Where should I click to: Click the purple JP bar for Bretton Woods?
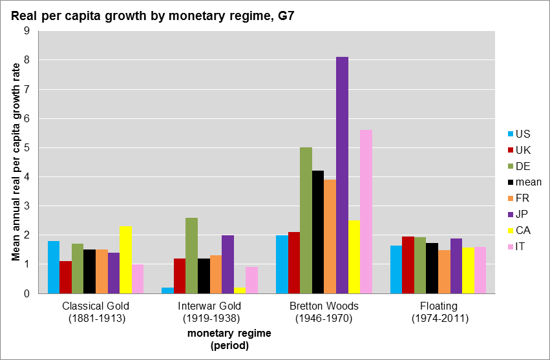pyautogui.click(x=342, y=175)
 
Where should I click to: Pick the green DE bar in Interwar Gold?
pyautogui.click(x=191, y=256)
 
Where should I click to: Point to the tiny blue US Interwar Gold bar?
pyautogui.click(x=167, y=291)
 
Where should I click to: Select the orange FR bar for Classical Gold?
pyautogui.click(x=101, y=271)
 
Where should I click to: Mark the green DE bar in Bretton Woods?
pyautogui.click(x=306, y=220)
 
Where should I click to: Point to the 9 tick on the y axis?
pyautogui.click(x=26, y=30)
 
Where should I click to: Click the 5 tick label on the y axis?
pyautogui.click(x=26, y=147)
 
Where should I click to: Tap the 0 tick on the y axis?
pyautogui.click(x=26, y=293)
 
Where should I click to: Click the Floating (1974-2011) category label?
pyautogui.click(x=439, y=312)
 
